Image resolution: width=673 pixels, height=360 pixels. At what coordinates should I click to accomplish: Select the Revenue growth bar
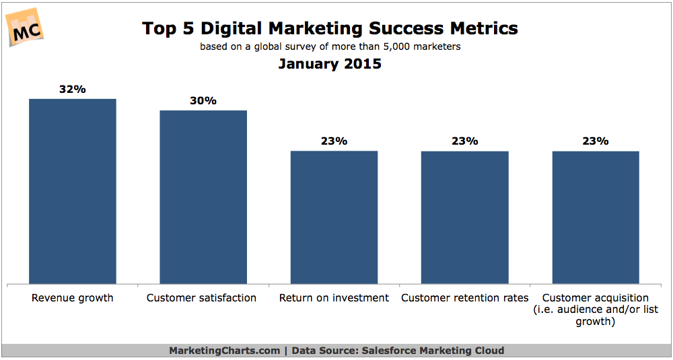pos(72,191)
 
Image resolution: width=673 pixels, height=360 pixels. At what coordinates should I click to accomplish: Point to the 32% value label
pos(72,89)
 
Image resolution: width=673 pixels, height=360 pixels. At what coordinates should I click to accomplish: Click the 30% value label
pos(203,100)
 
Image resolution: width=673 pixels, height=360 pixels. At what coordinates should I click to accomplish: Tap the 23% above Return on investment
pos(334,141)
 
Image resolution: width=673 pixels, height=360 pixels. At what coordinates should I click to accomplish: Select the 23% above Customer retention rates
pos(465,141)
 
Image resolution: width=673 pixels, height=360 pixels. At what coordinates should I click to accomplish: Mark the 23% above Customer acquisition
pos(596,141)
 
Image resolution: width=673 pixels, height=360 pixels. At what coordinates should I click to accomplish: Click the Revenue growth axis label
pos(72,297)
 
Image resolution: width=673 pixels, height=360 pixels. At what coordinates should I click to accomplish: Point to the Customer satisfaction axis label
pos(201,297)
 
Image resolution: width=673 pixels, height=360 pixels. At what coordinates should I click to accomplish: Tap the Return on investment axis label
pos(334,297)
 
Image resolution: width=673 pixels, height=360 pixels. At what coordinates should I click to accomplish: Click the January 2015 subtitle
pos(330,65)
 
